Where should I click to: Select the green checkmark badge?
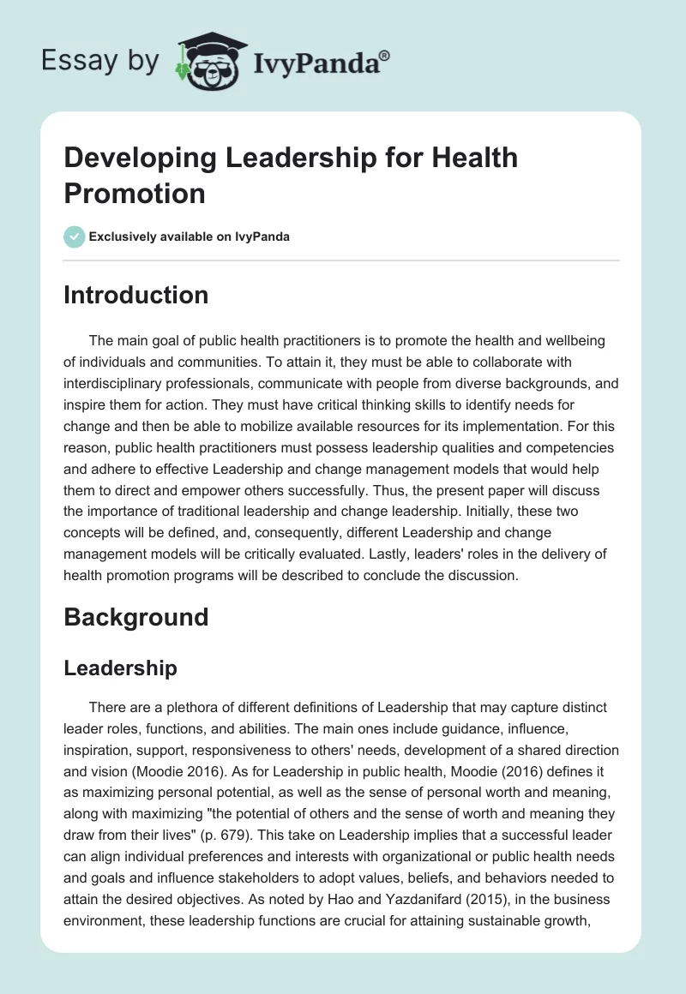(75, 237)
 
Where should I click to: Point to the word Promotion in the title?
(135, 193)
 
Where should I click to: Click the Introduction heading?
(135, 295)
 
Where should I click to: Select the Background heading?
(135, 617)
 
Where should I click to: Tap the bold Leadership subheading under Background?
(120, 668)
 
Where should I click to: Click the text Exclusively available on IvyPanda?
(190, 237)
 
